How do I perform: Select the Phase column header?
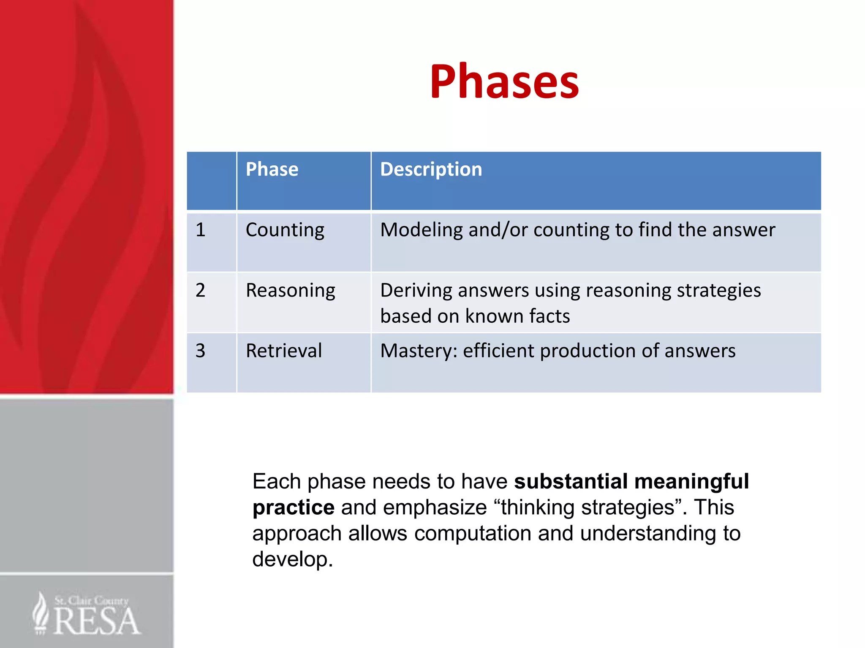pos(272,170)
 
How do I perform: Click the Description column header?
pos(431,170)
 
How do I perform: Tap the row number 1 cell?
pos(201,230)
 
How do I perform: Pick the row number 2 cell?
pos(201,291)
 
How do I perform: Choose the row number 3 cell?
pos(201,351)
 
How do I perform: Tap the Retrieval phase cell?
pos(284,351)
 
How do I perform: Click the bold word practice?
pos(294,508)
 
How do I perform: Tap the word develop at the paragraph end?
pos(292,560)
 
